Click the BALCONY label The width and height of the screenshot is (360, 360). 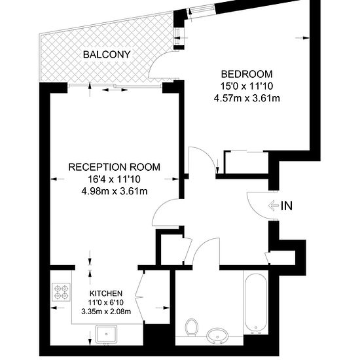(x=107, y=54)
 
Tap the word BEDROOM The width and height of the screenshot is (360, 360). (x=247, y=74)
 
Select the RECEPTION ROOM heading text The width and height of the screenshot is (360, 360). (x=115, y=167)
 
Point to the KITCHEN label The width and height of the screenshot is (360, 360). (x=106, y=293)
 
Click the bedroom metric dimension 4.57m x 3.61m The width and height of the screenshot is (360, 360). (x=247, y=98)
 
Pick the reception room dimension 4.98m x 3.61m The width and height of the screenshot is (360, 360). (x=115, y=191)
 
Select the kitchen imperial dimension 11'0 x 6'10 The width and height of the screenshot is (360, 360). (x=106, y=302)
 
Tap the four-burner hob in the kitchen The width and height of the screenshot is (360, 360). (x=62, y=292)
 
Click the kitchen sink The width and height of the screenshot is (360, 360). (x=106, y=334)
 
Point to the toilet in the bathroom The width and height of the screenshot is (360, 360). (x=192, y=327)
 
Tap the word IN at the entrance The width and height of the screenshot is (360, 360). (x=287, y=206)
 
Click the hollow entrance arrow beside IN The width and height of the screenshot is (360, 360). (x=273, y=206)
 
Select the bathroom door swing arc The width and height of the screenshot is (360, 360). (x=199, y=245)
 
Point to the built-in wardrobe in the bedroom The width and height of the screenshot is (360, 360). (x=247, y=162)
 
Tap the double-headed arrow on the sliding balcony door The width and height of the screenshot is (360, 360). (x=115, y=90)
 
